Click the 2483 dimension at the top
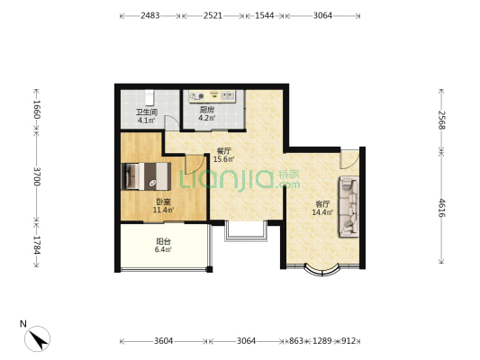pos(150,15)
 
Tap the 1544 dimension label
pos(265,15)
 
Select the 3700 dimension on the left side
pos(37,176)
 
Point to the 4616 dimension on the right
pos(441,208)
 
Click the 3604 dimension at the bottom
pos(164,340)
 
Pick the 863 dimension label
pos(296,340)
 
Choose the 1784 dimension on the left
pos(37,245)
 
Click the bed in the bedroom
pos(146,176)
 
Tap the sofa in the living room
pos(349,206)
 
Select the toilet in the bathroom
pos(149,96)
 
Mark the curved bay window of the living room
pos(322,270)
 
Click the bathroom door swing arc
pos(173,121)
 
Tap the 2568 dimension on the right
pos(441,121)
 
